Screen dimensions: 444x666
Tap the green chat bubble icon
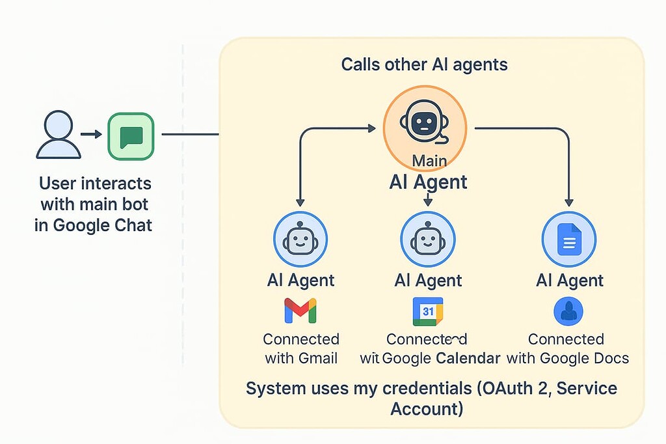pyautogui.click(x=131, y=135)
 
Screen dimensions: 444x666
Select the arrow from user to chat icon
pyautogui.click(x=91, y=135)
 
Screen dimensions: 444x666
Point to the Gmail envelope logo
pyautogui.click(x=300, y=311)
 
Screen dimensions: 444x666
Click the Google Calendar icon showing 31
pyautogui.click(x=427, y=311)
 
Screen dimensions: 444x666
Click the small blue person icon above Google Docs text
pyautogui.click(x=568, y=311)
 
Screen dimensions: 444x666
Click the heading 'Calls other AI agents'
pyautogui.click(x=424, y=64)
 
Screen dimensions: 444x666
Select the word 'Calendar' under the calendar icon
pyautogui.click(x=468, y=357)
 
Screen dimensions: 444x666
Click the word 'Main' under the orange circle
pyautogui.click(x=429, y=160)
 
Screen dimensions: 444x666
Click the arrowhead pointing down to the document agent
pyautogui.click(x=569, y=202)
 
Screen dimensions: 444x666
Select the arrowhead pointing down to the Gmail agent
pyautogui.click(x=300, y=202)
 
